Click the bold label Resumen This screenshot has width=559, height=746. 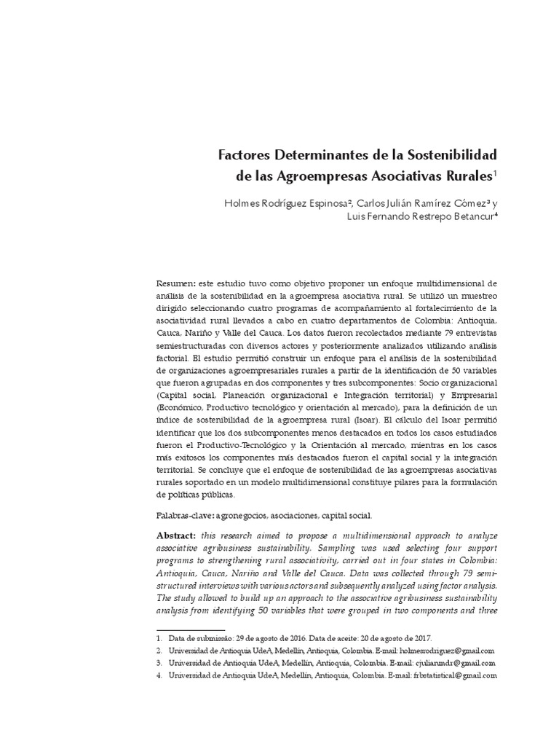point(175,283)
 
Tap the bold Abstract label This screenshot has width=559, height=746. point(177,535)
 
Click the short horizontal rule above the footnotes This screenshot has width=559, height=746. point(191,628)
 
